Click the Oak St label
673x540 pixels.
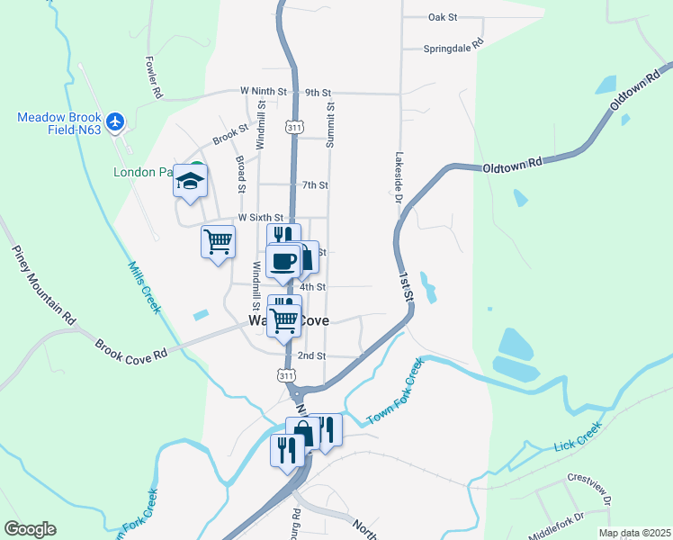pos(444,17)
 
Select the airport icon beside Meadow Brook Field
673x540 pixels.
pos(114,121)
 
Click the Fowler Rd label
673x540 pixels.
pos(153,77)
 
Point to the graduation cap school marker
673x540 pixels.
pos(191,180)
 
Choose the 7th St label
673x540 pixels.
pos(315,185)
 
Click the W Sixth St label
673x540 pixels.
pos(260,218)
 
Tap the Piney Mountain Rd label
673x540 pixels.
pos(43,283)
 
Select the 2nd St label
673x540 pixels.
pos(311,355)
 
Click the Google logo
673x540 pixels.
pos(30,529)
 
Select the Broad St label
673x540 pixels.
pos(241,173)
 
